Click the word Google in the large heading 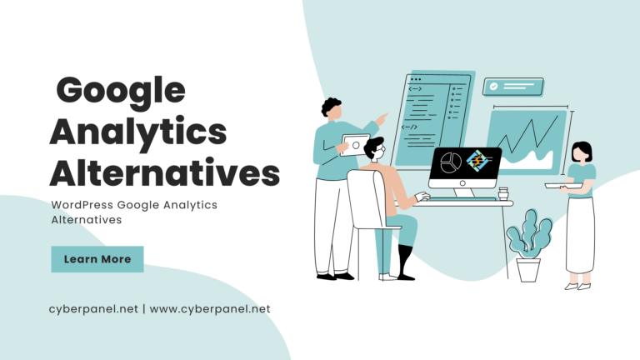121,92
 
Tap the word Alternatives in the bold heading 164,173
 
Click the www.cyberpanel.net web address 210,309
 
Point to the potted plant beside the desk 529,246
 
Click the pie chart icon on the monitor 451,162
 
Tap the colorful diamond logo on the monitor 477,160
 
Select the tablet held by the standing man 354,145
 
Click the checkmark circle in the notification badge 493,87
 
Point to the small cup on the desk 503,193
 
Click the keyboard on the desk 462,199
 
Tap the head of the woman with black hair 582,152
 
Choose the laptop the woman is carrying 563,186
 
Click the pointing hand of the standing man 382,119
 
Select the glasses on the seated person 380,148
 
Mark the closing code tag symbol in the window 409,127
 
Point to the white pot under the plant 528,270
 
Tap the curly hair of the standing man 331,106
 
